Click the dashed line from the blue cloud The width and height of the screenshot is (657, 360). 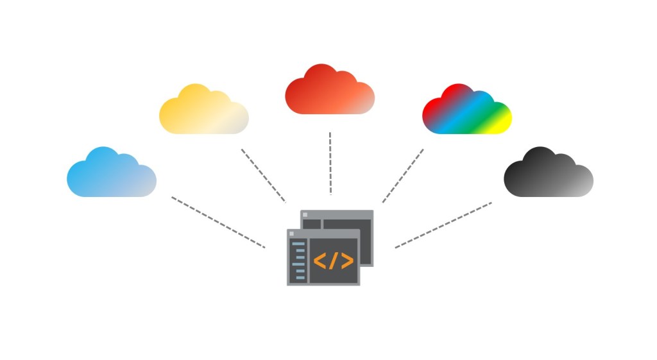(218, 222)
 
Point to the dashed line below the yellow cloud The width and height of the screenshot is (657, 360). (263, 175)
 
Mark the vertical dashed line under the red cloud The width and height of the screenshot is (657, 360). (330, 163)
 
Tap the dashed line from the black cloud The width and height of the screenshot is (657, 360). (443, 225)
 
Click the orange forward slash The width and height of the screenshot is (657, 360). (333, 261)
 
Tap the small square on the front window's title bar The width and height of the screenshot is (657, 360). (291, 234)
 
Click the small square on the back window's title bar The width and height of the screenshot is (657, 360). (305, 214)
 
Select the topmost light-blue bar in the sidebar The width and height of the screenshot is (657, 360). (298, 244)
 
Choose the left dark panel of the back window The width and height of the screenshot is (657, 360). (311, 224)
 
